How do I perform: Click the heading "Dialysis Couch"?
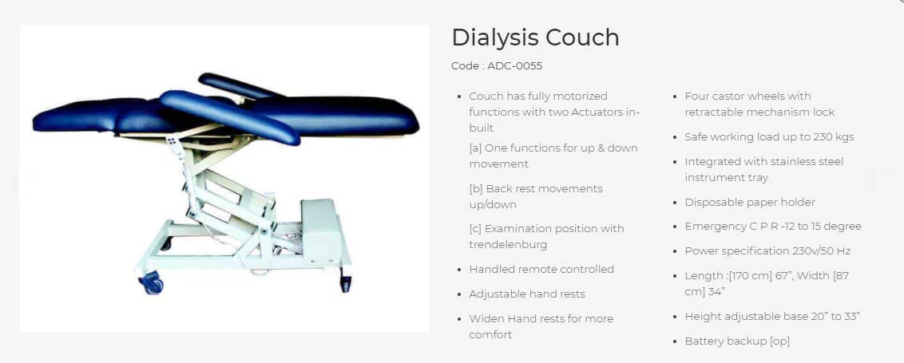[535, 37]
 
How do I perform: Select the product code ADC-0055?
[515, 65]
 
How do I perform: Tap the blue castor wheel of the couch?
[153, 284]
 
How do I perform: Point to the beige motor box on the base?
[320, 230]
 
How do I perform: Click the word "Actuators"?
[605, 112]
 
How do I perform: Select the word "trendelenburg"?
[508, 245]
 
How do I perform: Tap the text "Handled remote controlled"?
[541, 269]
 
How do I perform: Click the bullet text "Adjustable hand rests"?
[527, 294]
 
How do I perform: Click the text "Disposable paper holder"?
[750, 203]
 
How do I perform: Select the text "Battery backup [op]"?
[737, 341]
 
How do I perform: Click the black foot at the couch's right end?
[345, 282]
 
